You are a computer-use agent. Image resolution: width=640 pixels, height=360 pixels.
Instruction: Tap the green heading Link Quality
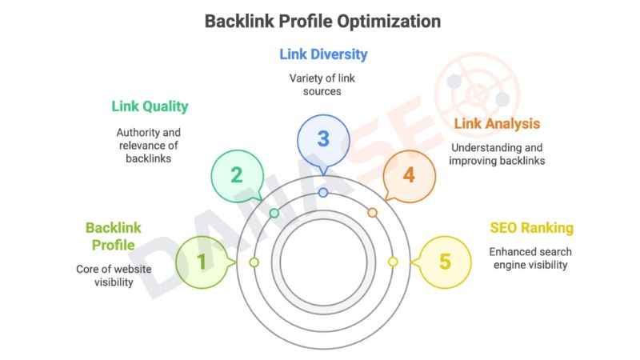point(150,106)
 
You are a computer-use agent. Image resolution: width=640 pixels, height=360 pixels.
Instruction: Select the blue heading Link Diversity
point(323,54)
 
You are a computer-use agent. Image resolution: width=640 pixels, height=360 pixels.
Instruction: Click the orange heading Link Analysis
point(497,124)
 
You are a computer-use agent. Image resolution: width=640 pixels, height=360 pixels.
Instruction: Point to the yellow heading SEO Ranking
point(531,228)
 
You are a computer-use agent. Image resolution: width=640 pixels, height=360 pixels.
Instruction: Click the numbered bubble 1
point(202,262)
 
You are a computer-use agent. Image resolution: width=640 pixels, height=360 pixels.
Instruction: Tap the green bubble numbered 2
point(237,174)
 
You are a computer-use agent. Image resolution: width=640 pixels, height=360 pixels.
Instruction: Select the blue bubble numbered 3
point(322,138)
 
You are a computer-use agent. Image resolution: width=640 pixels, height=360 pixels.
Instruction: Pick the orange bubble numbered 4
point(409,174)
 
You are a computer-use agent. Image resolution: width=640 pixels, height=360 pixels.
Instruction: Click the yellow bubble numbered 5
point(444,262)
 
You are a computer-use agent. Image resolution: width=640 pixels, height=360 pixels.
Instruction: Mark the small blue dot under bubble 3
point(323,193)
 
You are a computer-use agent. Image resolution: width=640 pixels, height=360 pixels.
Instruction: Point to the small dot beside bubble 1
point(254,262)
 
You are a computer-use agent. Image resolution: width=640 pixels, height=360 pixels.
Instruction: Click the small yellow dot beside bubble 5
point(393,262)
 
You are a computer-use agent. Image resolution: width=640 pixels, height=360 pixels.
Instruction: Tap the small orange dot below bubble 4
point(372,213)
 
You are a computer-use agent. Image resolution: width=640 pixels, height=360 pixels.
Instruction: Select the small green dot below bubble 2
point(274,213)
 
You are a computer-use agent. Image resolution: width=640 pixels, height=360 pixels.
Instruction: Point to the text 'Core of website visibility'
point(114,275)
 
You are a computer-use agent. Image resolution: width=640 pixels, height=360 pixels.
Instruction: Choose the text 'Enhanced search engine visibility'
point(530,258)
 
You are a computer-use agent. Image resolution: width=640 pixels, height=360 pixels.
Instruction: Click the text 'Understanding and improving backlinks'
point(497,154)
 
